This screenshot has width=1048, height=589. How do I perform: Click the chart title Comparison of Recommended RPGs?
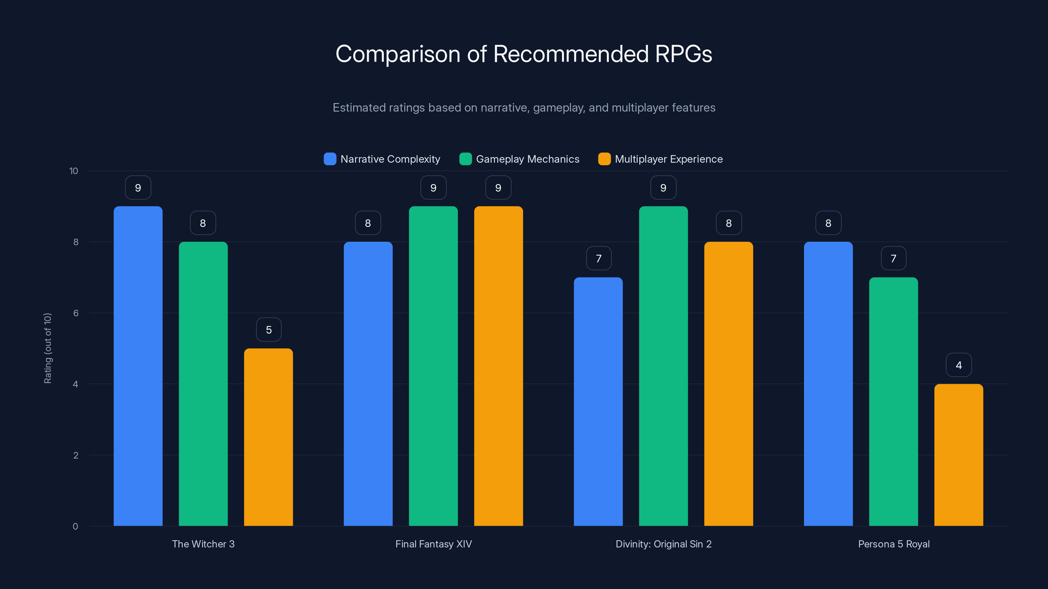pyautogui.click(x=524, y=54)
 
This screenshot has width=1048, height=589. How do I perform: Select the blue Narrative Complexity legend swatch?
pyautogui.click(x=329, y=159)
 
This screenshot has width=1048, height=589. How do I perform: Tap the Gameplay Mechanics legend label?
pyautogui.click(x=527, y=159)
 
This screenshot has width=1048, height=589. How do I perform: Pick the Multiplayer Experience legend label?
pyautogui.click(x=668, y=159)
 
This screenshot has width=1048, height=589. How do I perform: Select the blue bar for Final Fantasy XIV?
pyautogui.click(x=368, y=384)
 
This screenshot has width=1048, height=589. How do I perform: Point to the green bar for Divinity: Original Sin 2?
pyautogui.click(x=663, y=366)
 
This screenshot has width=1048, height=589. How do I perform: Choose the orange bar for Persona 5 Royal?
pyautogui.click(x=959, y=455)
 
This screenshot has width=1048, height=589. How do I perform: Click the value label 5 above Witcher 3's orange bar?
pyautogui.click(x=269, y=330)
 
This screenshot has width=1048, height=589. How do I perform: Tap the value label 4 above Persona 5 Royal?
pyautogui.click(x=959, y=365)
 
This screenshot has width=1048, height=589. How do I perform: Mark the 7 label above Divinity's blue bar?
pyautogui.click(x=598, y=259)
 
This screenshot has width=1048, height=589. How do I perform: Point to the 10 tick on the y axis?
pyautogui.click(x=74, y=171)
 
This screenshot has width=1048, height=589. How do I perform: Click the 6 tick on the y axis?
pyautogui.click(x=76, y=313)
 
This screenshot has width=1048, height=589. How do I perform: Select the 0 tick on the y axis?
pyautogui.click(x=75, y=527)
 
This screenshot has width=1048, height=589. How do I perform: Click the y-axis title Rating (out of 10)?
pyautogui.click(x=47, y=348)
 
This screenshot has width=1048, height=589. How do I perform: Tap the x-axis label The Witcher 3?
pyautogui.click(x=203, y=544)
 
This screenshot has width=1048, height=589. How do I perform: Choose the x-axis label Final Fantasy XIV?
pyautogui.click(x=433, y=544)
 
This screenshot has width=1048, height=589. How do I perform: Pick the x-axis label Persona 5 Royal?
pyautogui.click(x=893, y=544)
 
